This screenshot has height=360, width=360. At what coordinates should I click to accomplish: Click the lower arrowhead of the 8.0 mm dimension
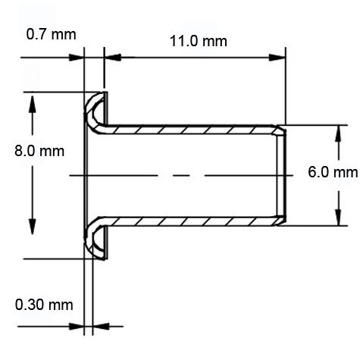pyautogui.click(x=31, y=251)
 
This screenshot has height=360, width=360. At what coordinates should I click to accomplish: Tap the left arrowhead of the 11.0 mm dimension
pyautogui.click(x=109, y=56)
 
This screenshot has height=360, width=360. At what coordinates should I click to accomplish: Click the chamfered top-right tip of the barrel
pyautogui.click(x=282, y=131)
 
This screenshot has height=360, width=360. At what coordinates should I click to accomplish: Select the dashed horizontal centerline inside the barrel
pyautogui.click(x=182, y=176)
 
